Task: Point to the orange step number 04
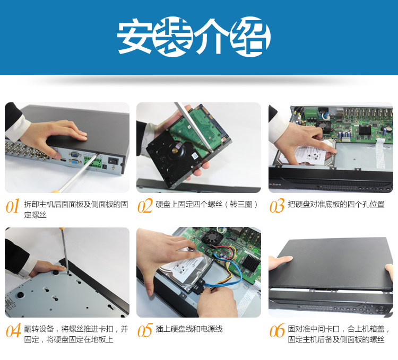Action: (13, 330)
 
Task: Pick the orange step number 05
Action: (145, 330)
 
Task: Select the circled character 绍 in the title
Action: (250, 37)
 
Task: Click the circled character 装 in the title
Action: (173, 37)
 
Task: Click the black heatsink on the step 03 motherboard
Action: (365, 129)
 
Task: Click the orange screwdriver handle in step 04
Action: (62, 229)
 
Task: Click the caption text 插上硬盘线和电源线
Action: (189, 329)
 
